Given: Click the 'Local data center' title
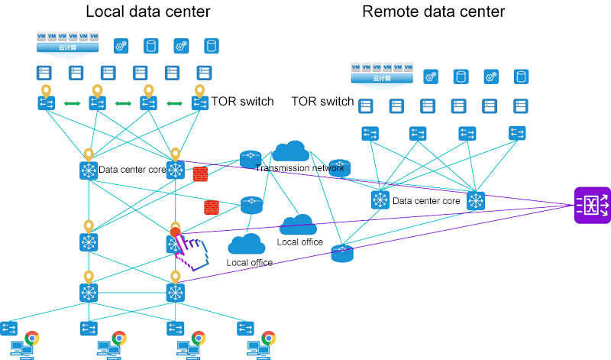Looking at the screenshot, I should pos(148,11).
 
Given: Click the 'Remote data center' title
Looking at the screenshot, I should pos(433,11).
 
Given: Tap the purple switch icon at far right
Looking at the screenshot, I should pos(592,205).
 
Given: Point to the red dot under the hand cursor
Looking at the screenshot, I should pos(175,232).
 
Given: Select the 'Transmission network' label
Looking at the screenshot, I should pos(299,168).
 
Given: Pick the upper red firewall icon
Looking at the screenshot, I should pos(201,174).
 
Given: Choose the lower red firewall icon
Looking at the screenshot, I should pos(212,207).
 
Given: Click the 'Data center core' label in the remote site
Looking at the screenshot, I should pos(426,201).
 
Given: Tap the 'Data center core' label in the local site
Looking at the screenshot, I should pos(132,170).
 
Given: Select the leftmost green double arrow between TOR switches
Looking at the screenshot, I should pos(73,103).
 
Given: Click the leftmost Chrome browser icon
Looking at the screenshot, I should pos(32,338).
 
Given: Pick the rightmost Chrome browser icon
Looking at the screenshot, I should pos(268,338).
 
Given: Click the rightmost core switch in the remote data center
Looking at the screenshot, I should pos(476,201).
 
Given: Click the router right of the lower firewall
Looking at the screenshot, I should pos(251,205).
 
